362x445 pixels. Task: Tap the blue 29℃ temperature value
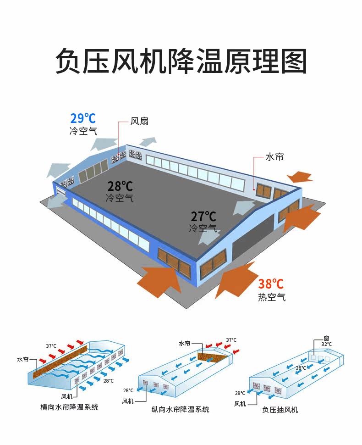pos(83,118)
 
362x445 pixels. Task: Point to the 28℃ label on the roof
pos(120,186)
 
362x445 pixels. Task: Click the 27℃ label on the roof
pos(203,216)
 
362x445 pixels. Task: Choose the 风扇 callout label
pos(139,122)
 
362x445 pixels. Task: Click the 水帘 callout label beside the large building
pos(274,157)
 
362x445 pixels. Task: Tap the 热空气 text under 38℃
pos(272,297)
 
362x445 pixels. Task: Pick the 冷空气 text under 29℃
pos(83,131)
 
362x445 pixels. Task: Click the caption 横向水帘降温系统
pos(69,407)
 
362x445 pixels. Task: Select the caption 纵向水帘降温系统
pos(181,409)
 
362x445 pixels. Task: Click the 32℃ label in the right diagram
pos(326,344)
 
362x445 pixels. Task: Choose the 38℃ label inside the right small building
pos(301,368)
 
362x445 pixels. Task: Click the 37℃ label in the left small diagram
pos(51,346)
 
